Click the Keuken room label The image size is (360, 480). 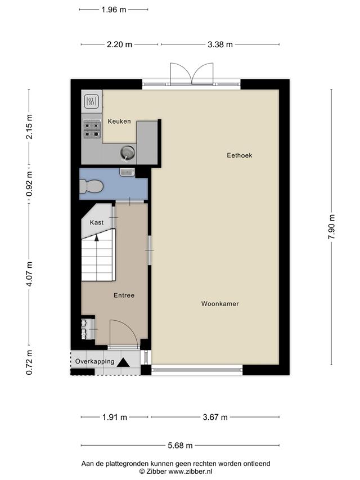[x=119, y=121]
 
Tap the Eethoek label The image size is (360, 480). [x=240, y=155]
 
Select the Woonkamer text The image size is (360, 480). [x=220, y=304]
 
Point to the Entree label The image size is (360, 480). [x=124, y=295]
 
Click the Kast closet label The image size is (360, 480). [x=97, y=222]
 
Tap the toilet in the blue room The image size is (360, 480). [x=91, y=186]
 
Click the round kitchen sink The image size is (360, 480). [x=127, y=152]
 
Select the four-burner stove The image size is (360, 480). [x=92, y=129]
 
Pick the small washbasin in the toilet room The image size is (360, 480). [x=127, y=172]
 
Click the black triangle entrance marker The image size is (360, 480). [x=123, y=362]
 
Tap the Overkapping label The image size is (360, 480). [x=95, y=361]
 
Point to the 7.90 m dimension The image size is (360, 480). [x=331, y=227]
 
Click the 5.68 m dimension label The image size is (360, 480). [x=180, y=446]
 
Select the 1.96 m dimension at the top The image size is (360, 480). [x=114, y=10]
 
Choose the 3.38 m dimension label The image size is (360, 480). [x=220, y=44]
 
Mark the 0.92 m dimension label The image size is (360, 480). [x=29, y=183]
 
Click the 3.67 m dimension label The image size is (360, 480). [x=215, y=417]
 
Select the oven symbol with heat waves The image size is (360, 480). [x=92, y=101]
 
